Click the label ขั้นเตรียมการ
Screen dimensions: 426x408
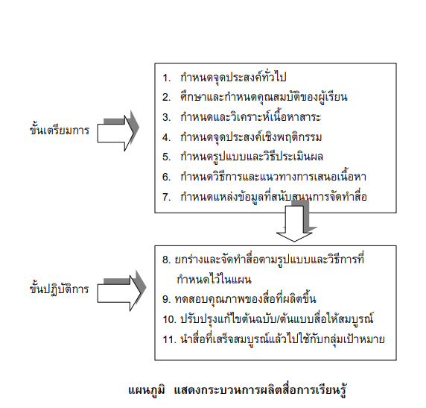coord(60,130)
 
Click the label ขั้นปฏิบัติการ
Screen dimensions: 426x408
coord(60,289)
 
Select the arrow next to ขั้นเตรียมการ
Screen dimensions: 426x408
coord(118,131)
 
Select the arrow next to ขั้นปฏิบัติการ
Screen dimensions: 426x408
coord(121,291)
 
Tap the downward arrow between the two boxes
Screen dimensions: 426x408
coord(296,221)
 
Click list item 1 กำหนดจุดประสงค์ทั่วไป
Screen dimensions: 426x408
coord(224,78)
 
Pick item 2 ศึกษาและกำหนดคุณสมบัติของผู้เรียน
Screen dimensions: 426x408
coord(255,97)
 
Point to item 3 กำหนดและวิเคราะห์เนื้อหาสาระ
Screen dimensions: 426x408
coord(242,117)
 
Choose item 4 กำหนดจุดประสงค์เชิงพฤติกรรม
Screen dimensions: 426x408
coord(242,137)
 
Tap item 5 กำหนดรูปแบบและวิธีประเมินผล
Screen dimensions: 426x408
coord(243,157)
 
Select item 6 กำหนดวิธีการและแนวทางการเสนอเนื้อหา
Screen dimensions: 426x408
coord(264,177)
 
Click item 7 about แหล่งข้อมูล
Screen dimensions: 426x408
coord(264,196)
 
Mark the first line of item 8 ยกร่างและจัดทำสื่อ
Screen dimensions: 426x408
coord(263,259)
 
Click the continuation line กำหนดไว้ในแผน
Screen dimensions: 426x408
coord(214,279)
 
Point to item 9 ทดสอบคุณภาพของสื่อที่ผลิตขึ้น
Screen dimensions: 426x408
coord(239,299)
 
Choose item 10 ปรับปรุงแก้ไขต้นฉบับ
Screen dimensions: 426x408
coord(268,319)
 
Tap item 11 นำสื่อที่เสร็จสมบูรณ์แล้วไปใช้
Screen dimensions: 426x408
coord(273,339)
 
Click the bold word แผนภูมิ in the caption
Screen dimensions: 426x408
coord(147,390)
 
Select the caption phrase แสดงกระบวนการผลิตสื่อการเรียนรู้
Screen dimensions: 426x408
coord(261,390)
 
